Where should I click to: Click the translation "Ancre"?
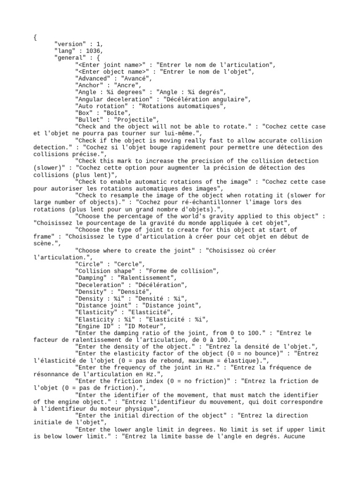click(x=123, y=85)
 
